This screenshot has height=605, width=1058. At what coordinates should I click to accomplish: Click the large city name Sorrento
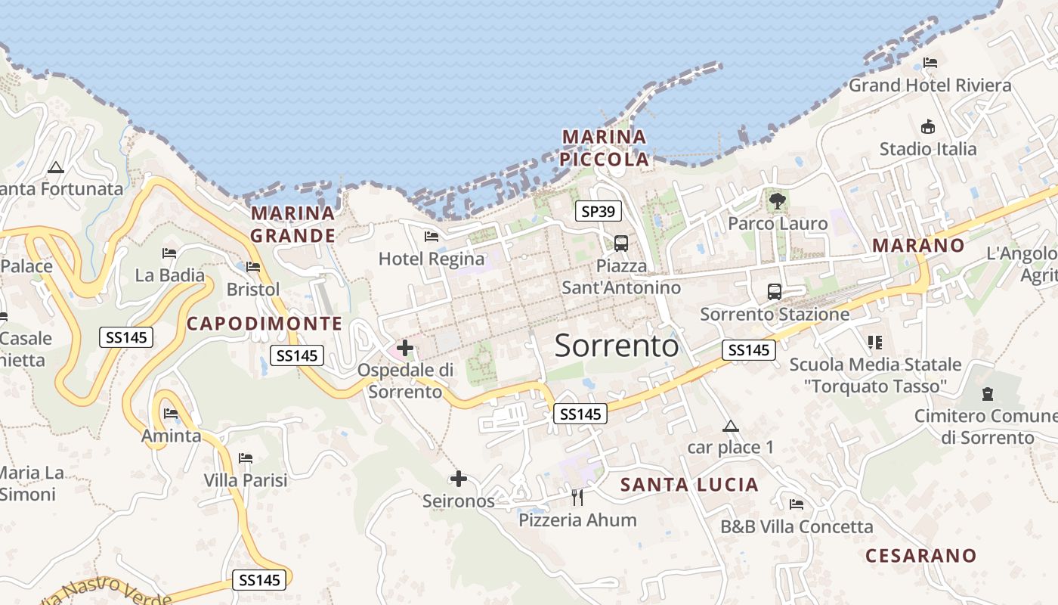617,346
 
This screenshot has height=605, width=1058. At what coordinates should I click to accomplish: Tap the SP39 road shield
599,212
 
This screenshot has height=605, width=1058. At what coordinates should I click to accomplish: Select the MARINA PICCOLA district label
605,148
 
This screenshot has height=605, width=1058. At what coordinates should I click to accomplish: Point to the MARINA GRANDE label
292,225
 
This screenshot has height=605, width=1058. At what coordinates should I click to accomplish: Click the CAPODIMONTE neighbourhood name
264,324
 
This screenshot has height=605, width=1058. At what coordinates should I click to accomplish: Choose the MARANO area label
918,245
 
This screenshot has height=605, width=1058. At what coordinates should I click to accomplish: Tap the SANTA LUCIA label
689,485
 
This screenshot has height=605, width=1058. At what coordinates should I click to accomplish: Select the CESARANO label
920,556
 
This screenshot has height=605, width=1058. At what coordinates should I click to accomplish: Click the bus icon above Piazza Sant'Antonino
621,244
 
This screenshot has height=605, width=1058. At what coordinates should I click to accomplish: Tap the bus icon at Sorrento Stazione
775,292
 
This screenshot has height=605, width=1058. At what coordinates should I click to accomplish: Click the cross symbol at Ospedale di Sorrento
405,348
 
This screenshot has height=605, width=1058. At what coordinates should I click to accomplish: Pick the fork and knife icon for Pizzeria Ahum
577,497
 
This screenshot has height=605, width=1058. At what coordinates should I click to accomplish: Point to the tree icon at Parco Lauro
777,201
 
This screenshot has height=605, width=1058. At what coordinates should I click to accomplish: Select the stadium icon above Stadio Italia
928,127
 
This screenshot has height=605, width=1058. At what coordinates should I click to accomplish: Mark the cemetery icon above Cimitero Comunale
987,394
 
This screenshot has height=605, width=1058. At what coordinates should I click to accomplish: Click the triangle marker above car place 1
730,426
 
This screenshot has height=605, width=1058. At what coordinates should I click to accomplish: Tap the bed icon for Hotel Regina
432,237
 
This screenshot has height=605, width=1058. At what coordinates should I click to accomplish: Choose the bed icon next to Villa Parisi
246,458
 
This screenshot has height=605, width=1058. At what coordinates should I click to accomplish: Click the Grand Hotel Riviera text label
930,85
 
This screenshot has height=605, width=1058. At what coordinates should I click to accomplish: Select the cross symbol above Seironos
458,479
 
